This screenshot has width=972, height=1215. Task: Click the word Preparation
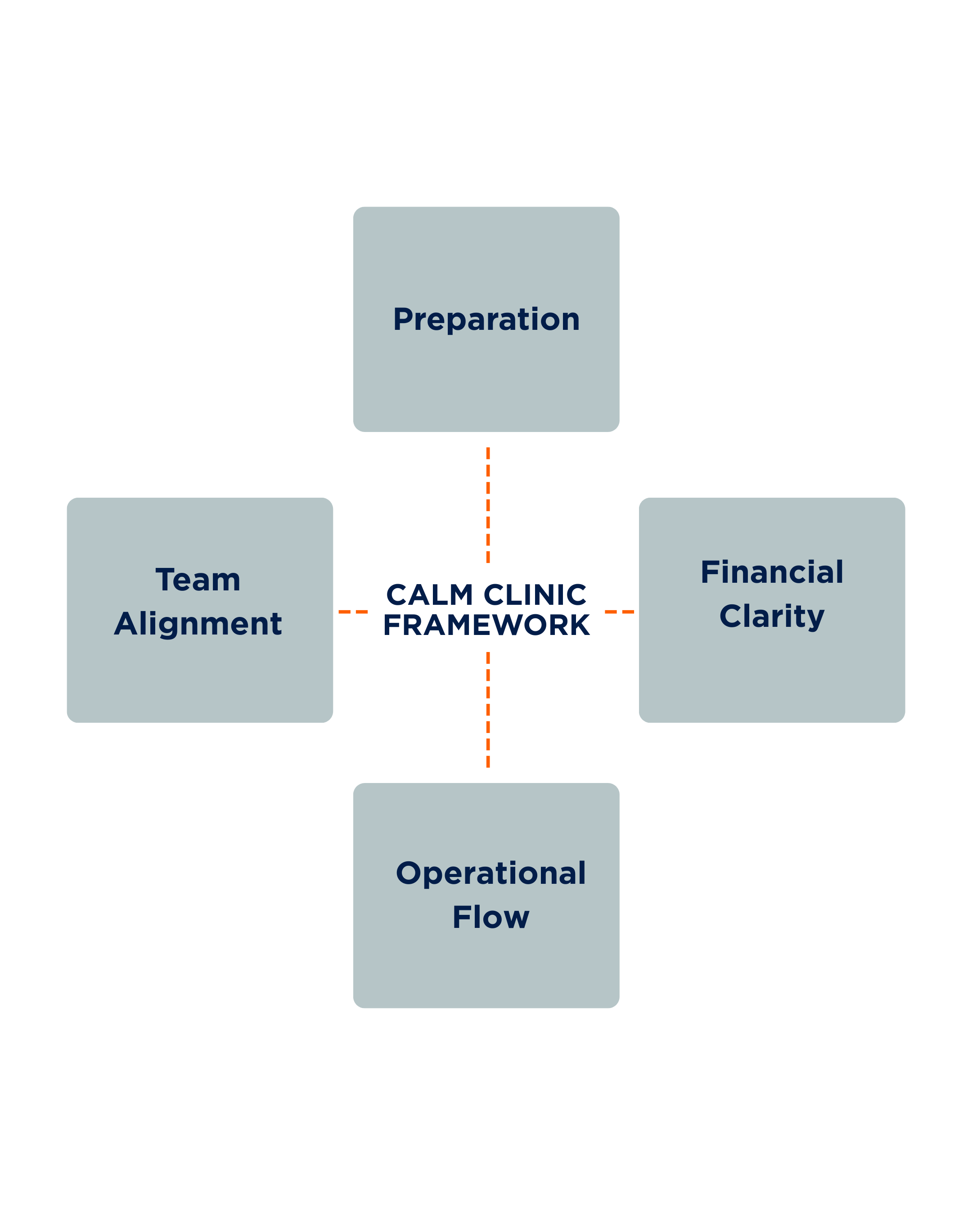486,320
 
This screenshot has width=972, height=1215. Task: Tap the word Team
198,580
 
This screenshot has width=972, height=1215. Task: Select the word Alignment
198,625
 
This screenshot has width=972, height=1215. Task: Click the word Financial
771,572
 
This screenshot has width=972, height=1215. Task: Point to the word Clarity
771,617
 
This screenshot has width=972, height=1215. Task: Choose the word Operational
491,873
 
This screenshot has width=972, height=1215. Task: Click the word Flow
491,918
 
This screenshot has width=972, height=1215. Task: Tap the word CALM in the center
429,595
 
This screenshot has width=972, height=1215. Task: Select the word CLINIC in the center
535,595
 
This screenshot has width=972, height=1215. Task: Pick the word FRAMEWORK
486,625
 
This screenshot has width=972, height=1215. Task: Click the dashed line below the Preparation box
488,505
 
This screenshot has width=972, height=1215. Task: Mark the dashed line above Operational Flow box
488,710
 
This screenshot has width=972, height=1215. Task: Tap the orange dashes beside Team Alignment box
353,612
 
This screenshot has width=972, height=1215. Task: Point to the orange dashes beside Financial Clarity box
619,612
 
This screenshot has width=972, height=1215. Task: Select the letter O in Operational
409,873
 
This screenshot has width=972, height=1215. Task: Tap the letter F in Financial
711,572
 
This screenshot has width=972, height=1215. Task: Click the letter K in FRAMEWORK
578,625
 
